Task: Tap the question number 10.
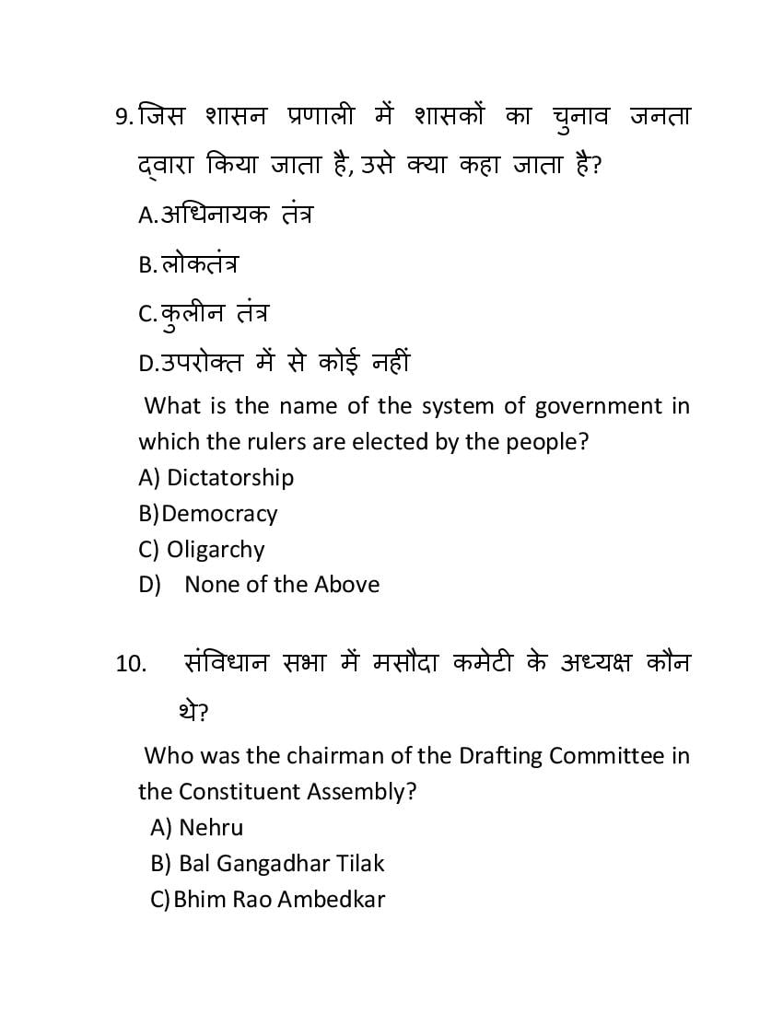pos(131,664)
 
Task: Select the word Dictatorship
pos(230,477)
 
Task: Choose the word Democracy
pos(219,513)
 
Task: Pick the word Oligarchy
pos(216,549)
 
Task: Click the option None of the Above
pos(282,584)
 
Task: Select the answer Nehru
pos(211,827)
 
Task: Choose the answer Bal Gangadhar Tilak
pos(281,863)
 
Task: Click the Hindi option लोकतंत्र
pos(200,264)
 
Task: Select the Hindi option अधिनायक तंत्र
pos(237,215)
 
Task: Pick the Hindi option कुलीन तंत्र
pos(215,314)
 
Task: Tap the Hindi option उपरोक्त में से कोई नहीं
pos(285,363)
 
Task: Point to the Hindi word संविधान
pos(227,663)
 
